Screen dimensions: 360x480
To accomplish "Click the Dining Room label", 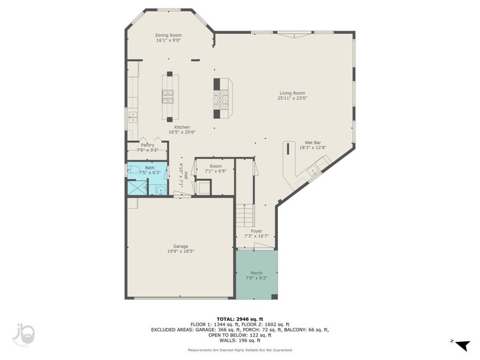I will click(x=169, y=35).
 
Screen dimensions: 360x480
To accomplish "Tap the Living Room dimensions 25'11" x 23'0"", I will click(x=292, y=98).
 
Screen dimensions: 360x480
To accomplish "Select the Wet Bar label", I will click(x=313, y=143).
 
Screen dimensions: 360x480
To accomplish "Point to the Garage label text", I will click(x=180, y=246).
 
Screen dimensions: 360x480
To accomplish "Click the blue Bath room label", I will click(x=150, y=167).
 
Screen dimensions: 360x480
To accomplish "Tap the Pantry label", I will click(x=148, y=145).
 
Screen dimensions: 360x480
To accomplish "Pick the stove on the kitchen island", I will click(x=169, y=97).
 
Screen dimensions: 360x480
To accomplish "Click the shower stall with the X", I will click(x=137, y=188).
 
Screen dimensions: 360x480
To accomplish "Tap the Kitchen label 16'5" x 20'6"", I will click(x=179, y=130).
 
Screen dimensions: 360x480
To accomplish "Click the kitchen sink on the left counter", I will click(x=132, y=116).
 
